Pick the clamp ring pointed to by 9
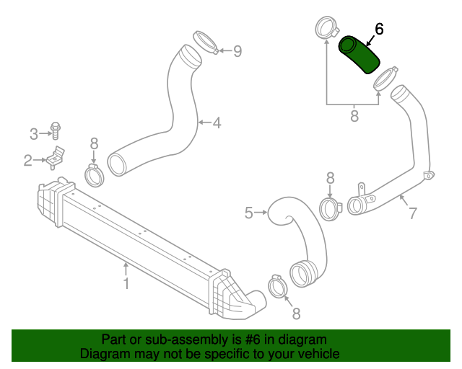pos(205,43)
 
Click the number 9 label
pos(237,51)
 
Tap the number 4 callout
pos(217,123)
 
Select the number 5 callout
pos(249,213)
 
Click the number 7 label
pos(413,213)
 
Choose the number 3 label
pos(33,133)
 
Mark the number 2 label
pos(27,160)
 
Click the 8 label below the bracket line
pos(354,116)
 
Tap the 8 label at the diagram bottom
pos(295,313)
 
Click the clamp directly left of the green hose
pos(326,30)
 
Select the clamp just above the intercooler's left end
pos(94,174)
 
